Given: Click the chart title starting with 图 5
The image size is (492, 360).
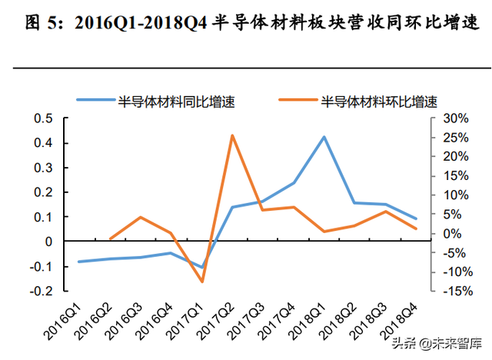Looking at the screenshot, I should tap(245, 22).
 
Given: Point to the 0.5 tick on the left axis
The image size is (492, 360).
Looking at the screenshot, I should tap(43, 118).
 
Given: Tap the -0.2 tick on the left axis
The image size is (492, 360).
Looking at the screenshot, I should tap(41, 291).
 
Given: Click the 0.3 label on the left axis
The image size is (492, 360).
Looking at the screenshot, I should tap(43, 168).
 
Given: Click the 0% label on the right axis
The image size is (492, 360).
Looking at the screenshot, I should tap(451, 233).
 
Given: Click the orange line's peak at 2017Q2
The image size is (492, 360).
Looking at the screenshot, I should tap(232, 135).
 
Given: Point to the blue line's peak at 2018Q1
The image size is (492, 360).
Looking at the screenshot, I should tap(324, 137).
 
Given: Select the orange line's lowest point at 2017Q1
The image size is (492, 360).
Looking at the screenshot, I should tap(202, 282).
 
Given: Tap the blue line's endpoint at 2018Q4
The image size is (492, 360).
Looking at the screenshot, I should tap(416, 218).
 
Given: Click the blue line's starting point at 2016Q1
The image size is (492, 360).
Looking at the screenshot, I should tap(79, 262).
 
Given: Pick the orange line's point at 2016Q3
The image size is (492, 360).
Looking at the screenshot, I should tap(141, 217).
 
